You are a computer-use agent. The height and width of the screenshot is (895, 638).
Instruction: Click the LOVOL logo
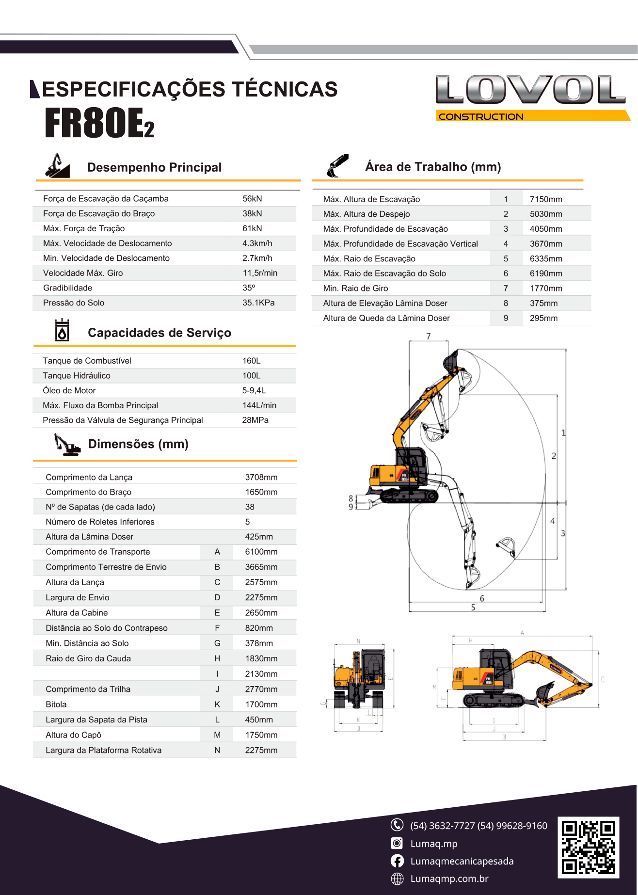pos(530,90)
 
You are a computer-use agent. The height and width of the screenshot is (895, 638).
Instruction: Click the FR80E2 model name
pos(99,123)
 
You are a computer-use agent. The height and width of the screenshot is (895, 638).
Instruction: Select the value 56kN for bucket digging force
pos(252,199)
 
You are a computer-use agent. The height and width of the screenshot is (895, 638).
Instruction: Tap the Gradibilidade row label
pos(67,288)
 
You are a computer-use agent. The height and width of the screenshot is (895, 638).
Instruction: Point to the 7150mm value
pos(546,199)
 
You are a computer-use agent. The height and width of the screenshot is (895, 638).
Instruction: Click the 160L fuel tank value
pos(251,361)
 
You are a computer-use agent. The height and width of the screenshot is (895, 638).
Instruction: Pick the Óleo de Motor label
pos(69,391)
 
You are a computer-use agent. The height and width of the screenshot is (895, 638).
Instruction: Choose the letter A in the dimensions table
pos(217,552)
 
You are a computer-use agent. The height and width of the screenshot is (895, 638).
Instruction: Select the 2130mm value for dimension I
pos(261,674)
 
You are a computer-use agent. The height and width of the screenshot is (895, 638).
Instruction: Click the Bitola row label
pos(56,704)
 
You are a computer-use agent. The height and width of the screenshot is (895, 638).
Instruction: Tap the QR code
pos(588,847)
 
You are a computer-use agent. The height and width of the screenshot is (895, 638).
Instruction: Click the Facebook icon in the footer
pos(397,861)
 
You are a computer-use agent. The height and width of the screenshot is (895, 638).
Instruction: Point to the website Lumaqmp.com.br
pos(449,879)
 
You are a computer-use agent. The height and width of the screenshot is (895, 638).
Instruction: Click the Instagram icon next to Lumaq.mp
pos(397,844)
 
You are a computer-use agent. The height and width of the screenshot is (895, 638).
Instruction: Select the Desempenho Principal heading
pos(154,168)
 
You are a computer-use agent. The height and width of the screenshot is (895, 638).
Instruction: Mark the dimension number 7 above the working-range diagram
pos(429,336)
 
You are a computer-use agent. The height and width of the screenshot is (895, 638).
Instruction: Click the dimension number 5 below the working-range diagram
pos(473,607)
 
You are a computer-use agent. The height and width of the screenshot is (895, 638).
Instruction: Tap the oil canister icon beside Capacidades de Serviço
pos(62,331)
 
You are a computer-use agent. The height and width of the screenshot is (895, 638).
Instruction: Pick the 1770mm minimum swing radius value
pos(546,288)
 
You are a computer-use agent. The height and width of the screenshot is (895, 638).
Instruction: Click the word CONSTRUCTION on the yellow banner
pos(481,117)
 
